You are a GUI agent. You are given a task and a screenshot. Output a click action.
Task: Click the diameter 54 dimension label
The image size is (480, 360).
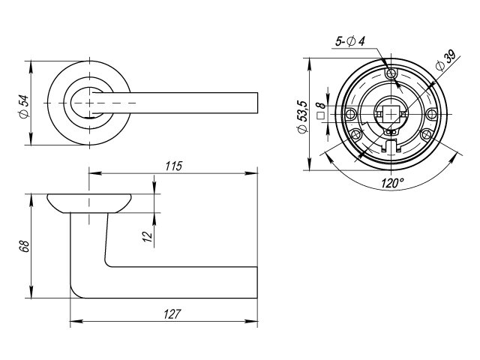tap(24, 106)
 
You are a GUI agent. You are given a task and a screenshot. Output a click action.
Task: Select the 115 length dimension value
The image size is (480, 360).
tap(173, 166)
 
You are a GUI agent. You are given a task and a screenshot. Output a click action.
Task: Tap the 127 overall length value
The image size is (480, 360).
tap(172, 314)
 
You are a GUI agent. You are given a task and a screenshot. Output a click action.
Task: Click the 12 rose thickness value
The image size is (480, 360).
tap(148, 236)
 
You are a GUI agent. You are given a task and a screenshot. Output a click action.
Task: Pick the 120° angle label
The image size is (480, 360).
tap(392, 183)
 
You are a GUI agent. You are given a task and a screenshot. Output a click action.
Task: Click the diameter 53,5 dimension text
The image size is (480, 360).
tap(302, 117)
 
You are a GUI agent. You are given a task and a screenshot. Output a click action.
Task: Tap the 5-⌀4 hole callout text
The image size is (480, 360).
tap(350, 41)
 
